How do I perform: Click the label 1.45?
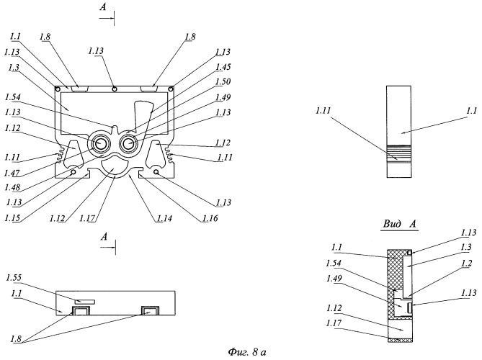pyautogui.click(x=223, y=67)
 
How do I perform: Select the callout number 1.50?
pyautogui.click(x=223, y=81)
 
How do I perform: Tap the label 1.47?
pyautogui.click(x=12, y=173)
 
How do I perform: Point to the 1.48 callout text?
pyautogui.click(x=12, y=187)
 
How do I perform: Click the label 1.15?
pyautogui.click(x=12, y=217)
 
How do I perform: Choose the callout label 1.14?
pyautogui.click(x=164, y=218)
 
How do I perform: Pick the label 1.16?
pyautogui.click(x=210, y=218)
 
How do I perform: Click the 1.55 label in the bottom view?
pyautogui.click(x=14, y=278)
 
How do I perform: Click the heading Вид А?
pyautogui.click(x=400, y=224)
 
